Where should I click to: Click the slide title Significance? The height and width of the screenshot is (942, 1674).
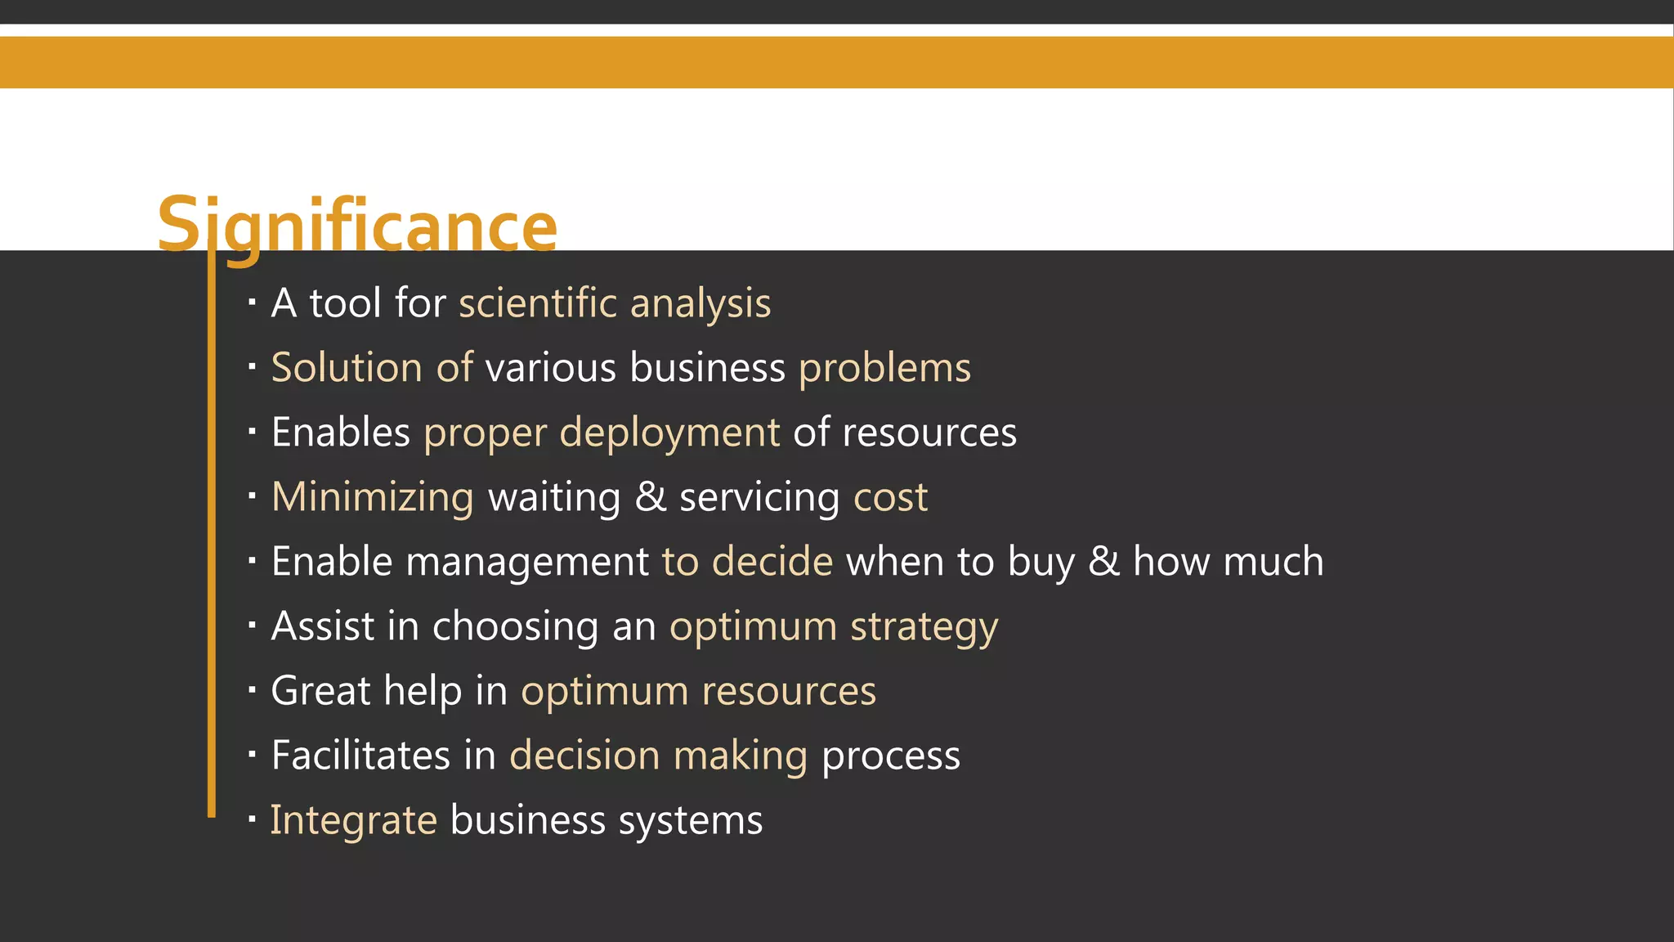point(357,225)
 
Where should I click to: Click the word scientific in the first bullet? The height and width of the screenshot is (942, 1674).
point(537,303)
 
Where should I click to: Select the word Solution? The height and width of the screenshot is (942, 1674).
point(346,368)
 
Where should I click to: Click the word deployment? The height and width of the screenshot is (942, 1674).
point(669,433)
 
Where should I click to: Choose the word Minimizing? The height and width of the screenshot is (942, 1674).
point(372,498)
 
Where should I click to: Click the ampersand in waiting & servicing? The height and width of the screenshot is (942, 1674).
point(650,497)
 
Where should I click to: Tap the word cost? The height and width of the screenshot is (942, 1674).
point(890,498)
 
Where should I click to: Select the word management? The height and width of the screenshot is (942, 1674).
point(527,563)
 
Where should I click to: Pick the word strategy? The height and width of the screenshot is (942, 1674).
point(924,628)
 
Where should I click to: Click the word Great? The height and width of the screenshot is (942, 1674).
point(320,691)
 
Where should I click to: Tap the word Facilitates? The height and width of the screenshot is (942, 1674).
point(360,756)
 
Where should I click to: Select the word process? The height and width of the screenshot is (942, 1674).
point(890,757)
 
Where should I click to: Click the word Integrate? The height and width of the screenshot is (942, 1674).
point(353,821)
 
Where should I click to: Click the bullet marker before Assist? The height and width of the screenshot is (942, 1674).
point(253,626)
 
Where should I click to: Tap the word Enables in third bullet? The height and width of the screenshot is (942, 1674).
point(340,433)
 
